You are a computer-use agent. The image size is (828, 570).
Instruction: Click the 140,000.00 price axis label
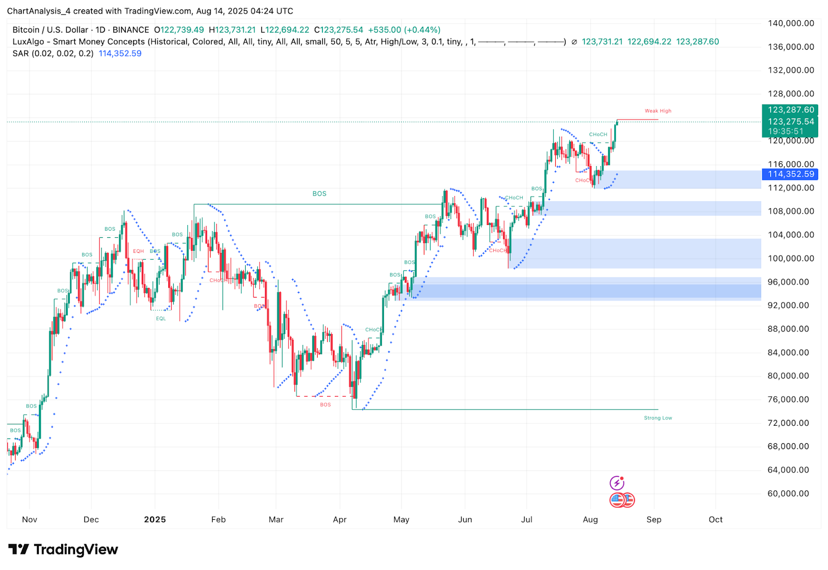[x=791, y=23]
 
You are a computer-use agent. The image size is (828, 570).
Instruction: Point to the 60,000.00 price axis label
[x=788, y=493]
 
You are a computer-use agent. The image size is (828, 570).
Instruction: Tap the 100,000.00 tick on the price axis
[x=791, y=259]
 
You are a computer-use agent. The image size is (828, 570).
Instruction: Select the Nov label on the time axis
[x=29, y=519]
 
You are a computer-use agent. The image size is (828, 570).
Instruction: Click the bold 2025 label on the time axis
[x=155, y=519]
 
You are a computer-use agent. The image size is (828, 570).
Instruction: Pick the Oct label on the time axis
[x=715, y=519]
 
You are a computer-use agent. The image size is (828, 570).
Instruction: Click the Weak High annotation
[x=658, y=111]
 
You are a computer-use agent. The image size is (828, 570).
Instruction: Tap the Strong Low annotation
[x=658, y=418]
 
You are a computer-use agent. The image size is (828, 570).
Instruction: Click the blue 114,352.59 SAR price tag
[x=791, y=174]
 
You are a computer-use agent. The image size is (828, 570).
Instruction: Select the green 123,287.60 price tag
[x=791, y=110]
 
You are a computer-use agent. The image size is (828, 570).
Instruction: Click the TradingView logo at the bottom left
[x=63, y=549]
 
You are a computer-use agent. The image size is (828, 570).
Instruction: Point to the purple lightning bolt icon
[x=616, y=483]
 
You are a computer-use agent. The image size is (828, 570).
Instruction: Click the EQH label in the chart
[x=138, y=251]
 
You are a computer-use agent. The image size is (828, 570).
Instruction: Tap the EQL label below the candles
[x=161, y=319]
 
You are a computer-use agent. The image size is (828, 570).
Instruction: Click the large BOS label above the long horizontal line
[x=319, y=194]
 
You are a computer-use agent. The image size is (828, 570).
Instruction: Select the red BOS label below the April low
[x=325, y=405]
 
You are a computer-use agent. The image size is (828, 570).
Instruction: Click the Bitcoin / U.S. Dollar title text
[x=51, y=30]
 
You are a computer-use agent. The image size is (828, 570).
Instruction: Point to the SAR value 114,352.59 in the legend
[x=120, y=53]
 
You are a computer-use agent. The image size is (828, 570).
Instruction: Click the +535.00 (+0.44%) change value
[x=404, y=30]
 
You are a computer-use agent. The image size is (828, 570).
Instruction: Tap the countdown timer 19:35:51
[x=786, y=131]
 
